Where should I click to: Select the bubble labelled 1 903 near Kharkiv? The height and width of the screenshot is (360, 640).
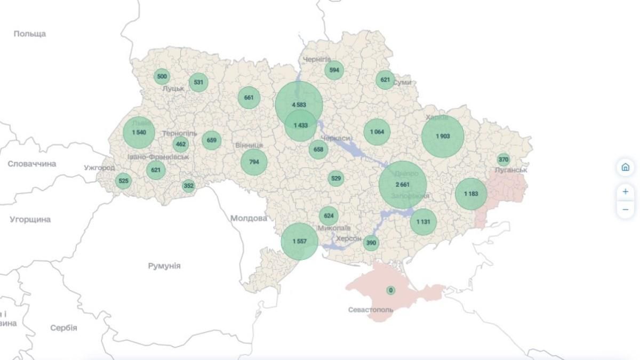(x=443, y=136)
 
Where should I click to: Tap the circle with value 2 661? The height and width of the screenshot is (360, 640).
(x=403, y=185)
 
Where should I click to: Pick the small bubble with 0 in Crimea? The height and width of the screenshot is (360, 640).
(x=391, y=291)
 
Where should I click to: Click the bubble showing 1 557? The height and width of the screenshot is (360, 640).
(x=300, y=242)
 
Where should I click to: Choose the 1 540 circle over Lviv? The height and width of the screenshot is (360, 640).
(x=139, y=132)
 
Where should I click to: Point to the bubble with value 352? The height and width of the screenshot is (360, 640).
(x=188, y=186)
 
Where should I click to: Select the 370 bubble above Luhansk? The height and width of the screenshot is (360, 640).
(x=503, y=159)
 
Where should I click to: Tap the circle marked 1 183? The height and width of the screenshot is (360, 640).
(x=471, y=194)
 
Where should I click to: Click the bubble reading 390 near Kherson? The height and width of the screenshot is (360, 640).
(x=371, y=243)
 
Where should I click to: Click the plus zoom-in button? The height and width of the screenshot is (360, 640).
(x=625, y=191)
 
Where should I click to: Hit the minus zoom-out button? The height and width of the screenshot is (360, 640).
(x=625, y=209)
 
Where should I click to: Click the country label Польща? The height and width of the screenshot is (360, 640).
(x=30, y=34)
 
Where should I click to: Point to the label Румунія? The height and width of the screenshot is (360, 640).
(x=164, y=266)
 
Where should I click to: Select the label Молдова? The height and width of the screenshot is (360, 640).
(x=249, y=218)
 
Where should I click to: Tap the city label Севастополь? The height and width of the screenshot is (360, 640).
(x=371, y=309)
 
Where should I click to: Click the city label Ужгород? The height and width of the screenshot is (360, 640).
(x=99, y=167)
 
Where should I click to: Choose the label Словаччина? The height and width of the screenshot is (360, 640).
(x=31, y=164)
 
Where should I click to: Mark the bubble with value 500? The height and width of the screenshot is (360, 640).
(x=162, y=76)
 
